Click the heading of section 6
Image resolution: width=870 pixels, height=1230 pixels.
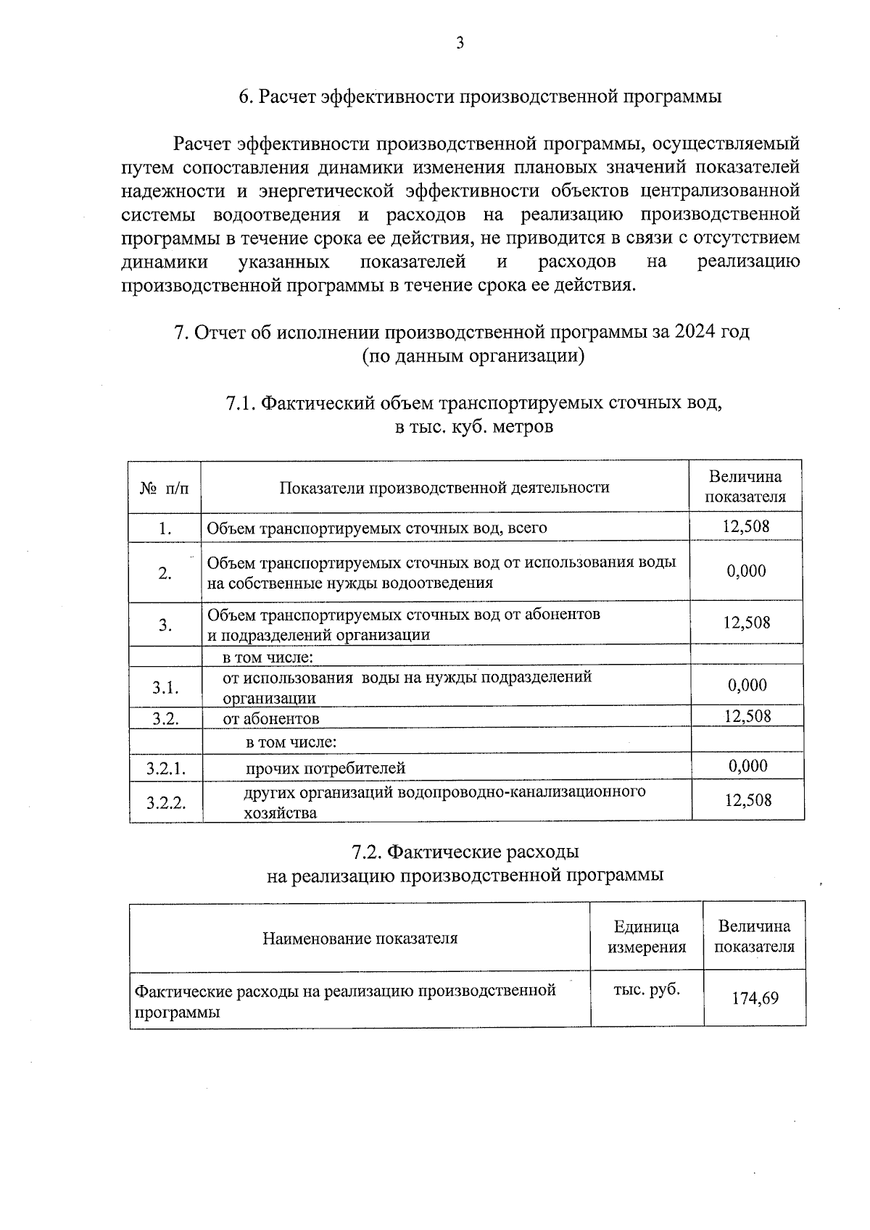pos(480,97)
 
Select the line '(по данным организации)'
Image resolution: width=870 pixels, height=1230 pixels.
pos(473,356)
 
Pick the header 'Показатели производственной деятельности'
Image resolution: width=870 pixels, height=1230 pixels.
pos(444,487)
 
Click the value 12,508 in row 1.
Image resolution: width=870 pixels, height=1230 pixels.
pos(746,526)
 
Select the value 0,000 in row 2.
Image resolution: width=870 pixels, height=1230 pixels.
pos(747,571)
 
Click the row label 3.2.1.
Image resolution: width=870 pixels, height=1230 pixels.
pos(166,768)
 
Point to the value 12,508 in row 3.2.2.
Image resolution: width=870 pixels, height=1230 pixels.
pos(748,800)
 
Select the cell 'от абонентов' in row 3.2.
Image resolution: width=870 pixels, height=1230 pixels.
pos(271,718)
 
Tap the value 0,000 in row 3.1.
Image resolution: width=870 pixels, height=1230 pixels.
pos(747,685)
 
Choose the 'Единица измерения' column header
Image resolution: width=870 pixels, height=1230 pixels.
pos(647,936)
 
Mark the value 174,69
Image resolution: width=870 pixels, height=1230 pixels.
pos(755,998)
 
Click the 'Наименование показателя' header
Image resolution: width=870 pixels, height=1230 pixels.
pos(360,938)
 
